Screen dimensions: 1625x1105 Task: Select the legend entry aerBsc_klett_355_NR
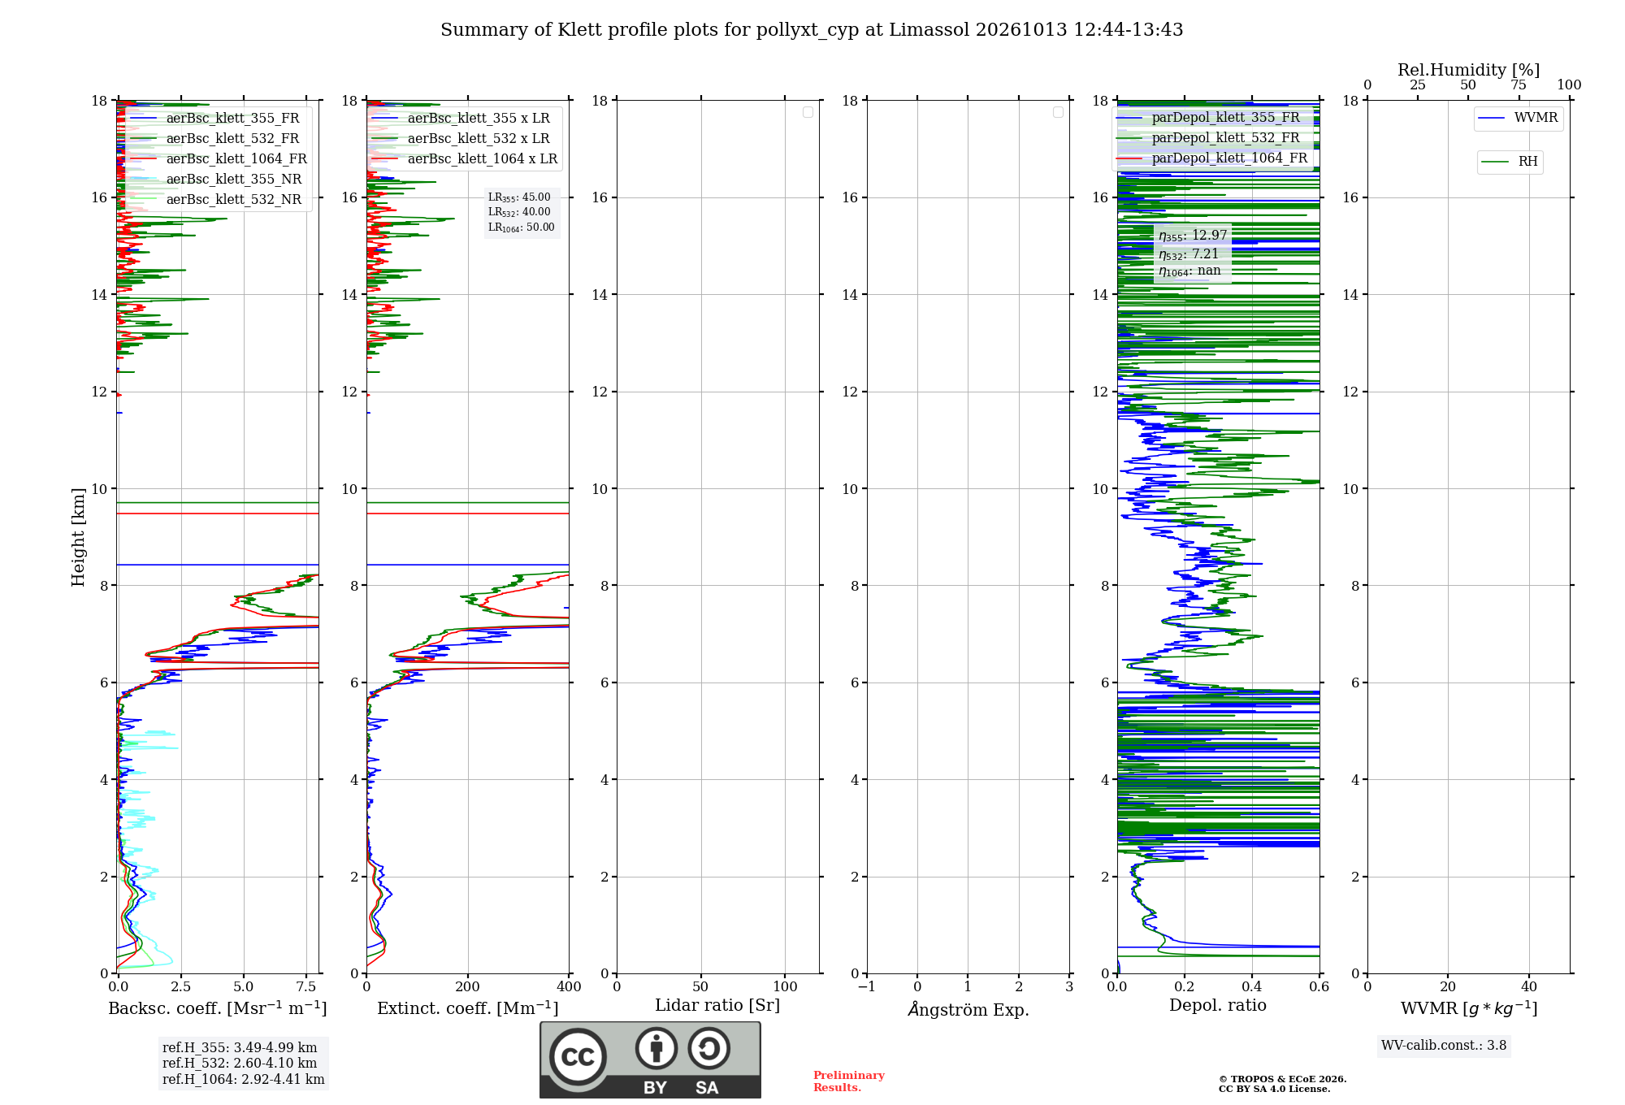click(215, 179)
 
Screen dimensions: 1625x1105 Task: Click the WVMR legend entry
click(1518, 118)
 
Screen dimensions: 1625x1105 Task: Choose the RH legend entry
click(1510, 161)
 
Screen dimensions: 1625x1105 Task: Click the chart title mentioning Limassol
click(812, 30)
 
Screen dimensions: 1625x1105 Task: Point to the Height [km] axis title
click(78, 537)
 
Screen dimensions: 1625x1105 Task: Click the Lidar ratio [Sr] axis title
click(717, 1005)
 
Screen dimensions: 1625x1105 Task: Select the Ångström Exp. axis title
click(968, 1008)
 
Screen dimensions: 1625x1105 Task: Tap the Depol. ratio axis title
click(1218, 1005)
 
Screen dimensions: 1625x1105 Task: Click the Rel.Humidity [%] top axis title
click(1469, 70)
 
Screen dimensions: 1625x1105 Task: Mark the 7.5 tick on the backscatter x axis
click(306, 986)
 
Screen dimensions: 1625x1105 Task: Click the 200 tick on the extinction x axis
click(468, 986)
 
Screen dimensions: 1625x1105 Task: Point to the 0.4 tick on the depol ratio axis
click(1252, 986)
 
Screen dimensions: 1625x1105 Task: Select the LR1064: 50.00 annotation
click(522, 227)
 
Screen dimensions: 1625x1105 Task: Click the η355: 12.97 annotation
click(1193, 236)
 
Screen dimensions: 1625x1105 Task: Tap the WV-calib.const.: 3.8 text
click(1444, 1046)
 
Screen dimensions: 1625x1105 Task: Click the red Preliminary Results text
click(849, 1081)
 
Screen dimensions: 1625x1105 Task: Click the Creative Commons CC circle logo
click(578, 1057)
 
